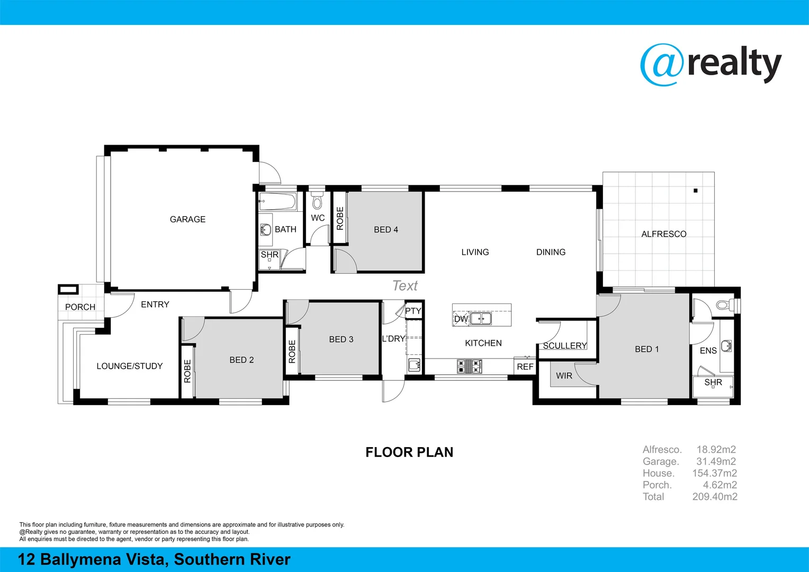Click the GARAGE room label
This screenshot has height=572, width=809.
(187, 219)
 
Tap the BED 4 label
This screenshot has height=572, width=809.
(385, 229)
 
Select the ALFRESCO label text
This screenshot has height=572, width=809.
(663, 234)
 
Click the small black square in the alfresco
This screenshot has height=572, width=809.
(695, 191)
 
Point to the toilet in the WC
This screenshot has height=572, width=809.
(317, 202)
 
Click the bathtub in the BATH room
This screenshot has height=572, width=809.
(277, 202)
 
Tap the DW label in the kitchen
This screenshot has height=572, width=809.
(461, 319)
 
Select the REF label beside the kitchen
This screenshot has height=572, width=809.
(525, 367)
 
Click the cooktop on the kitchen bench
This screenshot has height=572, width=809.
(469, 365)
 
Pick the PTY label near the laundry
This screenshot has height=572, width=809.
(413, 311)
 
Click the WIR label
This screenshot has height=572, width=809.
(564, 376)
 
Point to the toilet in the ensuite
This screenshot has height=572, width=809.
(724, 305)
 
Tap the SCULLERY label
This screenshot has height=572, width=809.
(565, 346)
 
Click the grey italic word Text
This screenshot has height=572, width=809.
(405, 286)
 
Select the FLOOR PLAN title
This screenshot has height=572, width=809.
(409, 452)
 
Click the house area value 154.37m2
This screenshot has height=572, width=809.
(714, 473)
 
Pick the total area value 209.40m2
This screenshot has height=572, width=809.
(714, 496)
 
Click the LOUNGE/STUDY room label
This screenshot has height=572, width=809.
(129, 366)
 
